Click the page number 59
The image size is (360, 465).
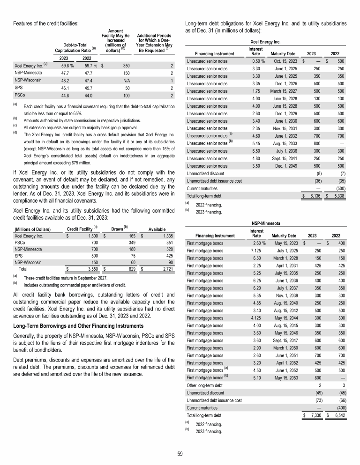tap(180, 453)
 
